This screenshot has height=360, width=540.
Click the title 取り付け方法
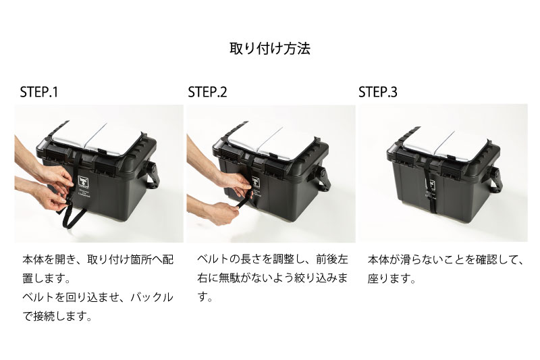click(270, 49)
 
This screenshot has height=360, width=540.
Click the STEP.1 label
click(39, 93)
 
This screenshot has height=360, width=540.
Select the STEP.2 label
click(207, 93)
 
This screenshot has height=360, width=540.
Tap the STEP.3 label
click(378, 93)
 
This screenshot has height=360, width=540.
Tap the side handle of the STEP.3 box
click(495, 178)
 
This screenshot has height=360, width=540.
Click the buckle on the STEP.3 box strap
click(431, 199)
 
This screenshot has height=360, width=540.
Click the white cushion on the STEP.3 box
click(447, 143)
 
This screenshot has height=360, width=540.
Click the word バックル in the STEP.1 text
click(151, 297)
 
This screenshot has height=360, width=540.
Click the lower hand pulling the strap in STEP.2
click(221, 212)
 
